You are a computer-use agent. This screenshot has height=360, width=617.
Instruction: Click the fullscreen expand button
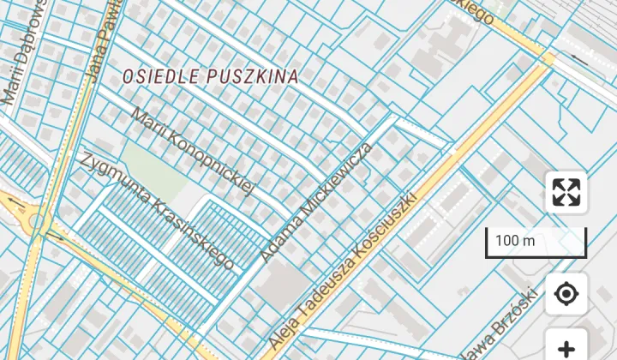566,192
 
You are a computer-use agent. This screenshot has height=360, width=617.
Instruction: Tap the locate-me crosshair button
566,295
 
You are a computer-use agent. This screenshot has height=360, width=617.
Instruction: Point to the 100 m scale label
515,241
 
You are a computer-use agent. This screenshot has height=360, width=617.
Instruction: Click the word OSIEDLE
161,76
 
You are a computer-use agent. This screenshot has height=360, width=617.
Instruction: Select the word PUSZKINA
252,76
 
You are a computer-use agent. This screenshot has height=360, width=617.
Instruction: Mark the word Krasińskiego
192,233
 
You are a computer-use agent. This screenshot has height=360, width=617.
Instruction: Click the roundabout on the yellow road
37,222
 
